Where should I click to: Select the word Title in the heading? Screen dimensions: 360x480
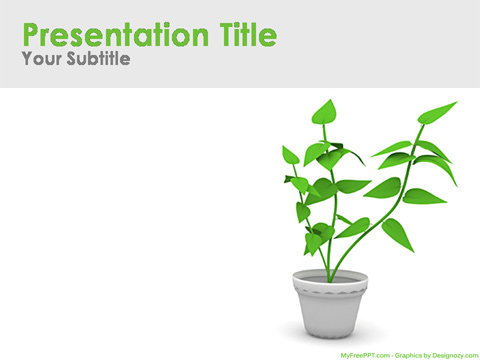point(244,35)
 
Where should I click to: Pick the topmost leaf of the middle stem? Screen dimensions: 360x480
point(324,113)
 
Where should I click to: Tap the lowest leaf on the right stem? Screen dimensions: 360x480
point(398,235)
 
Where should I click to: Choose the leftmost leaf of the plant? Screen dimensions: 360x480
point(290,155)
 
